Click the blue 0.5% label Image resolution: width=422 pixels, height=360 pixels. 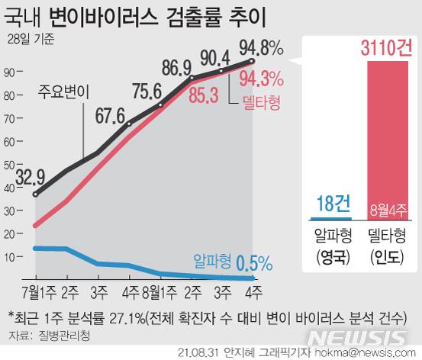[x=254, y=263]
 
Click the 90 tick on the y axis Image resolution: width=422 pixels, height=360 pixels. [x=11, y=73]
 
